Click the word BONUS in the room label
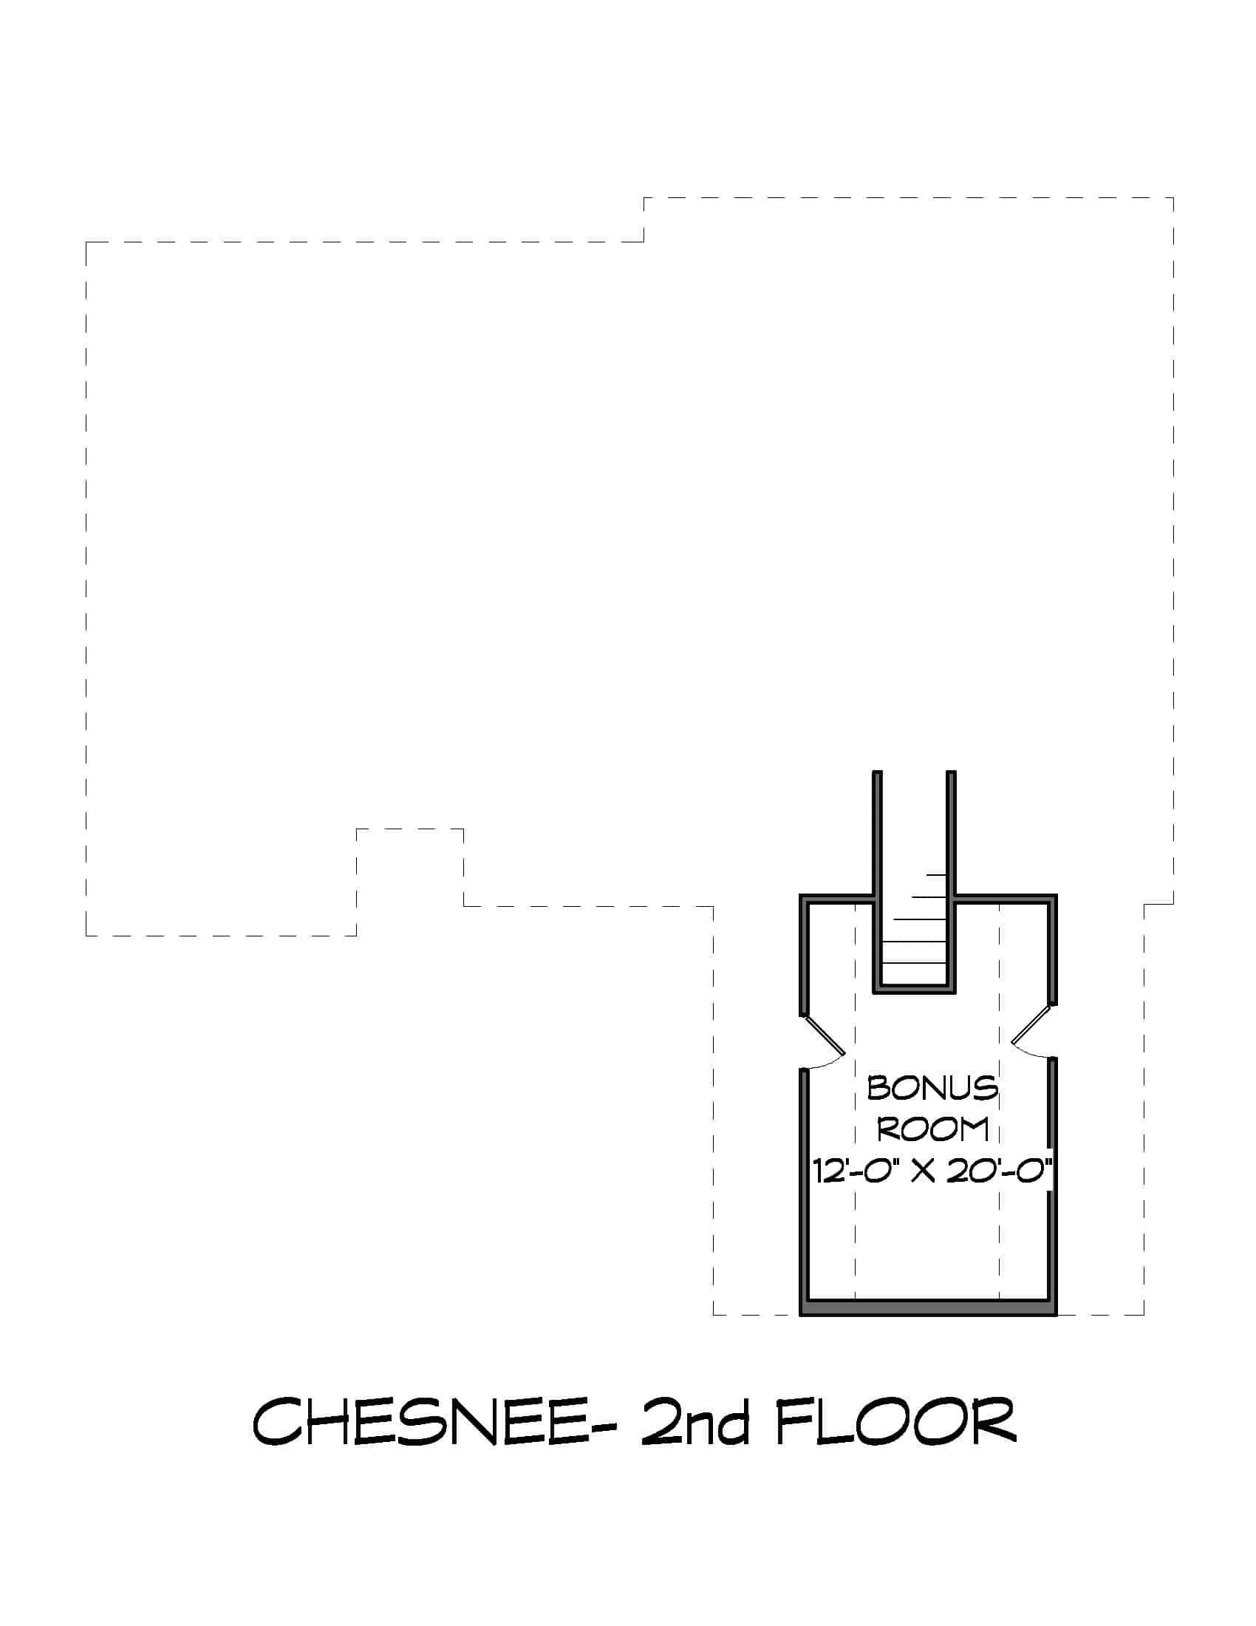tap(932, 1089)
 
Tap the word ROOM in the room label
tap(932, 1129)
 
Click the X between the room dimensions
tap(924, 1173)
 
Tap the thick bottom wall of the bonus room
tap(929, 1307)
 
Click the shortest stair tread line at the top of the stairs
tap(936, 874)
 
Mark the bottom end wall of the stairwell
tap(914, 988)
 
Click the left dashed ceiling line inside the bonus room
tap(855, 1101)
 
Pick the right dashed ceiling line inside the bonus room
tap(1000, 1101)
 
